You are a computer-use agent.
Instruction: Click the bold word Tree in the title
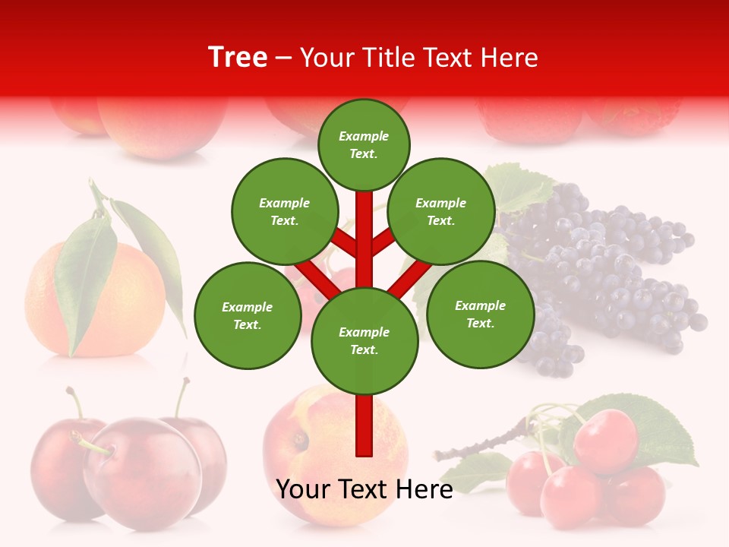click(x=238, y=57)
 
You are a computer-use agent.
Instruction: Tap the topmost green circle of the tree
click(x=364, y=145)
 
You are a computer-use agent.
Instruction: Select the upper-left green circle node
click(x=285, y=212)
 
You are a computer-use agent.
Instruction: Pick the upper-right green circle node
click(x=441, y=212)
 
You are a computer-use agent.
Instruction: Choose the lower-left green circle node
click(x=248, y=316)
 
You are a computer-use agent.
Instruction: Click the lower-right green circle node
click(x=480, y=315)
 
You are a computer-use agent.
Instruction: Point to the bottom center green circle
click(x=364, y=341)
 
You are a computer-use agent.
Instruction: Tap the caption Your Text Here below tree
click(x=364, y=490)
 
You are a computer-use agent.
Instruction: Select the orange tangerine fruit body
click(x=129, y=304)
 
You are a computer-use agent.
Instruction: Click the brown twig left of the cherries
click(x=478, y=448)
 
